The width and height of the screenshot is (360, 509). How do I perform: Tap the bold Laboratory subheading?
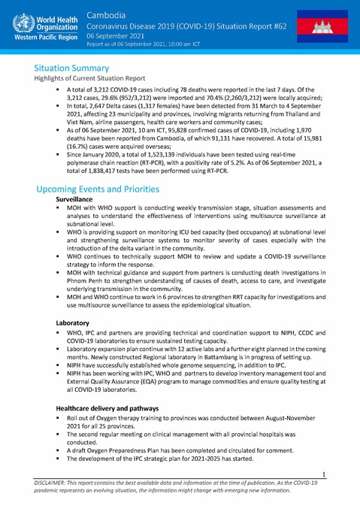pos(75,322)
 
